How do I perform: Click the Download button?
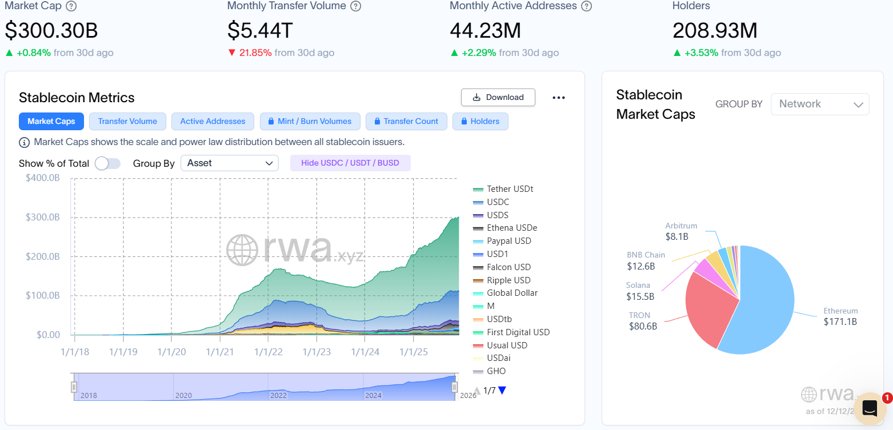pyautogui.click(x=498, y=97)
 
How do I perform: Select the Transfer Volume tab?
pyautogui.click(x=127, y=121)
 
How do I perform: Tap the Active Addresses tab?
pyautogui.click(x=213, y=121)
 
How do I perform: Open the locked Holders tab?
pyautogui.click(x=480, y=121)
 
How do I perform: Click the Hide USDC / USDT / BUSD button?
pyautogui.click(x=350, y=163)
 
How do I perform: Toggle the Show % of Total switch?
pyautogui.click(x=107, y=163)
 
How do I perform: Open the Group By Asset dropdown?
pyautogui.click(x=229, y=163)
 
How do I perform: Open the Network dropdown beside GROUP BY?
pyautogui.click(x=820, y=104)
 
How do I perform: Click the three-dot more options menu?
pyautogui.click(x=559, y=98)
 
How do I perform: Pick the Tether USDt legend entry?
pyautogui.click(x=510, y=189)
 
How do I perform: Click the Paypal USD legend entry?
pyautogui.click(x=508, y=241)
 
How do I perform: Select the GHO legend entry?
pyautogui.click(x=496, y=371)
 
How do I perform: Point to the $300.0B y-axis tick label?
pyautogui.click(x=43, y=218)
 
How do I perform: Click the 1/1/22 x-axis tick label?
pyautogui.click(x=269, y=352)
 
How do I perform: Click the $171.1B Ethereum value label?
pyautogui.click(x=840, y=322)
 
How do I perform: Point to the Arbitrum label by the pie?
pyautogui.click(x=681, y=226)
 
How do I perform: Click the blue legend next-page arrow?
pyautogui.click(x=502, y=391)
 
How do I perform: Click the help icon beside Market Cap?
pyautogui.click(x=71, y=7)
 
